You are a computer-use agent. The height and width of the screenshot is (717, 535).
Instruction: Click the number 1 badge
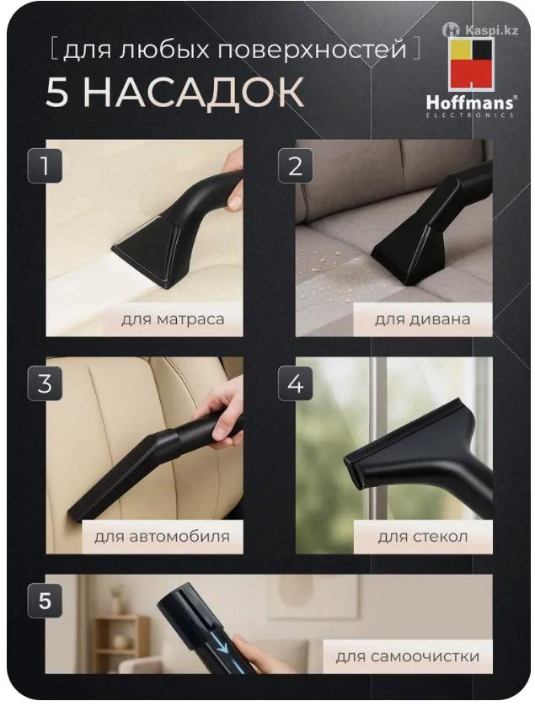45,165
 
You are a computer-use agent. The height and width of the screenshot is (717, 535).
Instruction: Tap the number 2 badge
296,165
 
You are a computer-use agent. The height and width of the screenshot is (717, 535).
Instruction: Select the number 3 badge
45,383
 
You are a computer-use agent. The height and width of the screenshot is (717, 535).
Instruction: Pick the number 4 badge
296,383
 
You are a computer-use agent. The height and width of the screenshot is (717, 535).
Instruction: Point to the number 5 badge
45,601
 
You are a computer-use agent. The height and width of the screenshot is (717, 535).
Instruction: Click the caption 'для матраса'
173,319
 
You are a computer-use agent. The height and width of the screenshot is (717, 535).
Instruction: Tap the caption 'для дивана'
422,318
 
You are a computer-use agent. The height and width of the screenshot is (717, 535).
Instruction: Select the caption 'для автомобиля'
162,536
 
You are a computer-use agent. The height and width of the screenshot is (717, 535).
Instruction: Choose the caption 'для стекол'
422,536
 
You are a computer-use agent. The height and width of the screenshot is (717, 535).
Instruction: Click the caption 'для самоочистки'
408,656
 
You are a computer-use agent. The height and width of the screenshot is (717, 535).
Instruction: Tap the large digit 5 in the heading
57,92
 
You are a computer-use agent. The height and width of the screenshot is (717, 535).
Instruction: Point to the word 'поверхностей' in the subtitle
312,50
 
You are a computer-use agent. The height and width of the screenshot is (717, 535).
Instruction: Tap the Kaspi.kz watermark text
491,30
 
